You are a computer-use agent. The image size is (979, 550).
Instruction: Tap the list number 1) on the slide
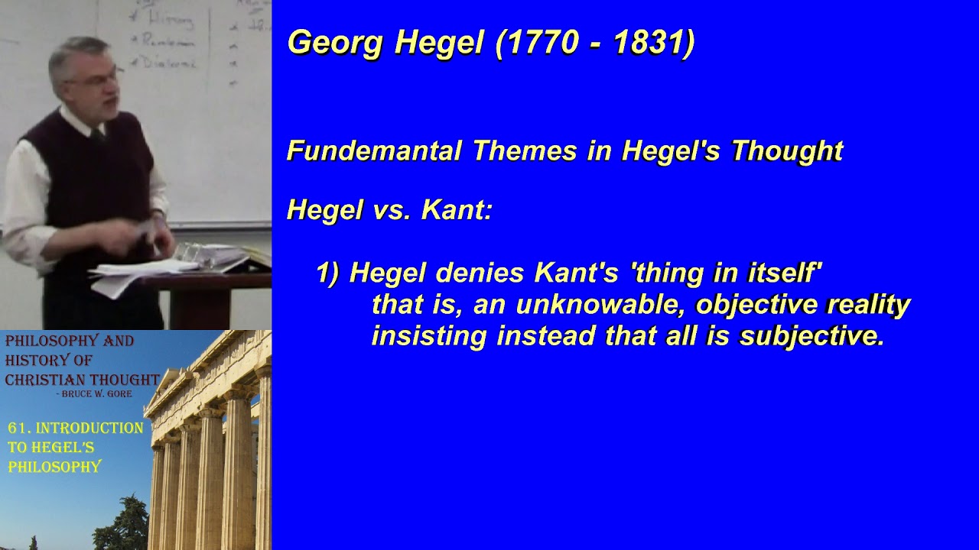(x=327, y=273)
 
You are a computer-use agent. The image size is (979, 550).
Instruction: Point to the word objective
(x=756, y=305)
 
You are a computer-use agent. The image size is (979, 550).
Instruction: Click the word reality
(x=869, y=305)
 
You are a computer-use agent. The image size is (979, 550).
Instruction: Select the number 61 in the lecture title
(x=19, y=429)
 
